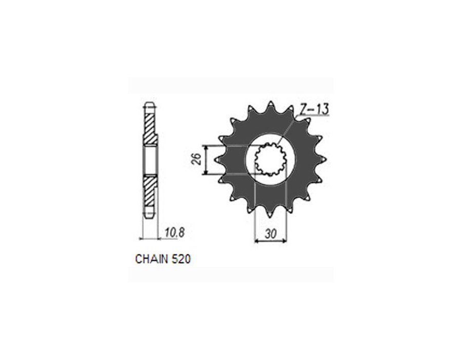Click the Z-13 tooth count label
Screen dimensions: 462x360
pyautogui.click(x=314, y=110)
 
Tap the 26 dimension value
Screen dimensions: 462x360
pyautogui.click(x=198, y=159)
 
